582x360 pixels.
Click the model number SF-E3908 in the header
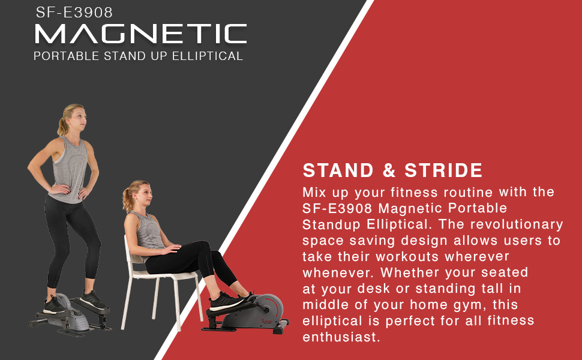[x=74, y=12]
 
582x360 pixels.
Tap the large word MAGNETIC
[x=140, y=34]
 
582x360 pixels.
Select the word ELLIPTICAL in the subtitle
[x=208, y=56]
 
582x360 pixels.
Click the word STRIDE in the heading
[x=443, y=170]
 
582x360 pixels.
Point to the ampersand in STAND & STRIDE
[x=389, y=170]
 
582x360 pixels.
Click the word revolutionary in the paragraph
[x=517, y=224]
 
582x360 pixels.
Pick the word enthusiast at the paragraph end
[x=341, y=337]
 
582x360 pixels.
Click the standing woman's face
[x=79, y=118]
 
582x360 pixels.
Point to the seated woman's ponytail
[x=128, y=200]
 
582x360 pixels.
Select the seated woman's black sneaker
[x=225, y=301]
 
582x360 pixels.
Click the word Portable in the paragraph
[x=478, y=209]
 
